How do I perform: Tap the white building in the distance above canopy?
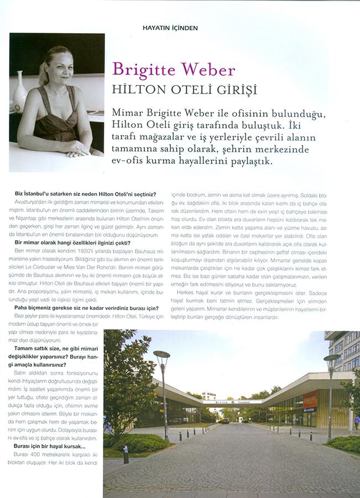[x=208, y=396]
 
